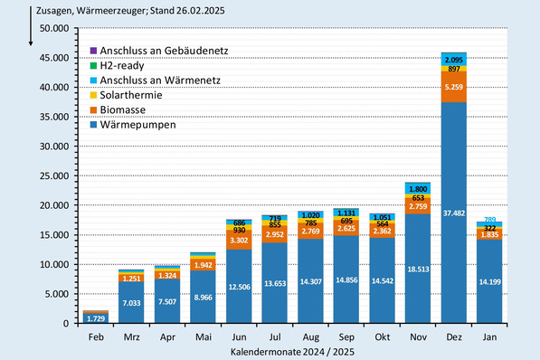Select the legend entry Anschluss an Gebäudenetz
coord(158,52)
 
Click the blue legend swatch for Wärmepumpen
coord(93,124)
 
